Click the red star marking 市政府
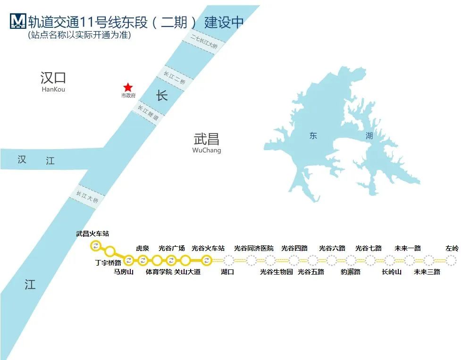point(128,87)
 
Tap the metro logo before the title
point(17,21)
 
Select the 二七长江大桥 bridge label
point(204,42)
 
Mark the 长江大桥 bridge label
point(88,197)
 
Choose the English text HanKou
point(53,89)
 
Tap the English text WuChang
point(206,151)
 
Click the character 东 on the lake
point(313,136)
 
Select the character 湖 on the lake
point(369,136)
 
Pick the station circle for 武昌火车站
point(96,245)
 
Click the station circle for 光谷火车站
point(206,260)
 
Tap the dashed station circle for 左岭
point(452,260)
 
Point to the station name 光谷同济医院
point(253,248)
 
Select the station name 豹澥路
point(351,272)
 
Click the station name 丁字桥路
point(108,263)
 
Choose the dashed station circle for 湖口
point(228,260)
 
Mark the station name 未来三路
point(427,272)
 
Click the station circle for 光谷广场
point(171,260)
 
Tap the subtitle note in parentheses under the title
point(79,35)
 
